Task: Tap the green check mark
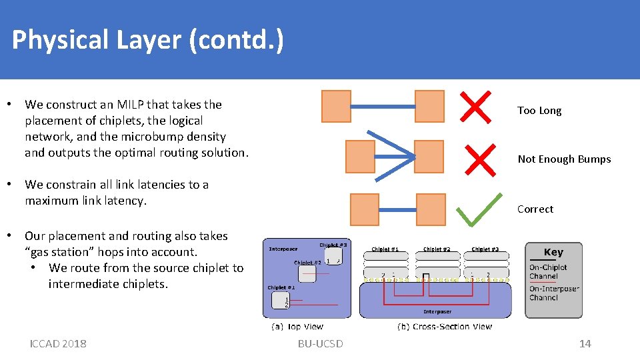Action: [x=479, y=209]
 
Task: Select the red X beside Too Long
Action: [x=476, y=107]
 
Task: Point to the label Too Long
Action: [x=539, y=111]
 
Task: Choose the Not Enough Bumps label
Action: [x=564, y=159]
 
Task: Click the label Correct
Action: [x=535, y=209]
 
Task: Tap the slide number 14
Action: [x=585, y=343]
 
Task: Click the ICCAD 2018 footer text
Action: [x=58, y=343]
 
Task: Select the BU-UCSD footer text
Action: [x=321, y=343]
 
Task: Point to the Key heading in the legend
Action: [x=553, y=252]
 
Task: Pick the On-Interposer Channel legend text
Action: [x=554, y=293]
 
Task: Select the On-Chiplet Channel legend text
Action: [x=548, y=271]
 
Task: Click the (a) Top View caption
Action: [x=297, y=327]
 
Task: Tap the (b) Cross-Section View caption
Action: [x=444, y=327]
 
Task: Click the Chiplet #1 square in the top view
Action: [x=283, y=304]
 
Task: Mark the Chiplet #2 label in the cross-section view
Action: [x=437, y=249]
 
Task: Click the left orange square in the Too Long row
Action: [x=336, y=107]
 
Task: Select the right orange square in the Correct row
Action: [x=431, y=209]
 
